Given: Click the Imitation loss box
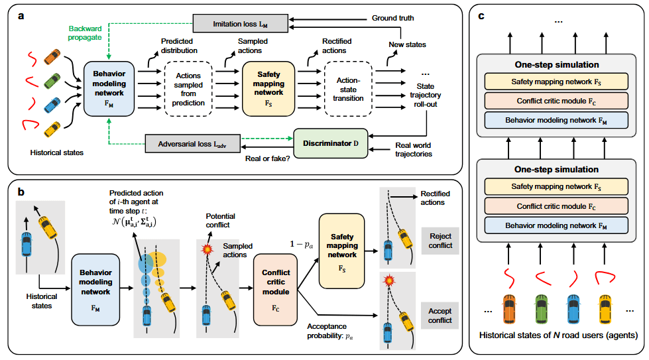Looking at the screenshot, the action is (241, 24).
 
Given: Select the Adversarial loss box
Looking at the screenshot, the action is (192, 144).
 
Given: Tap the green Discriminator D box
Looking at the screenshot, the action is (330, 143).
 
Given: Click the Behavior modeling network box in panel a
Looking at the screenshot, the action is (109, 89).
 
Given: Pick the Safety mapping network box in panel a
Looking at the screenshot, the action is (268, 89).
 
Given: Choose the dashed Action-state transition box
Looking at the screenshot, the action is (348, 89).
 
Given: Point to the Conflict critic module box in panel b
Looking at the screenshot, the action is (276, 290).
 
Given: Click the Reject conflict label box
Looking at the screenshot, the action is (440, 241).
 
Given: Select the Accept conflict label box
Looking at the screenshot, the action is (440, 316).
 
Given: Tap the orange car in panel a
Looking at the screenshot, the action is (52, 57).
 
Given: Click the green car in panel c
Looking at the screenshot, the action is (542, 309).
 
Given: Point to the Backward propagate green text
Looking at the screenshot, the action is (85, 32).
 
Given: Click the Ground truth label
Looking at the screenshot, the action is (393, 18).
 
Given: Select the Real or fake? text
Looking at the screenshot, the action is (267, 158).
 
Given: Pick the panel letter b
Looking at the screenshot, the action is (21, 192).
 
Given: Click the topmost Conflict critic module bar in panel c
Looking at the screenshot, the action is (556, 101).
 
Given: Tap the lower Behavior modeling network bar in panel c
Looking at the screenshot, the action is (556, 225).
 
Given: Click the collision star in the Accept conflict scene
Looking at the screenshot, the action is (388, 280).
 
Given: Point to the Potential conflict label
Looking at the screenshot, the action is (220, 221).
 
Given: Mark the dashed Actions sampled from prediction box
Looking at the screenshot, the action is (188, 89).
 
